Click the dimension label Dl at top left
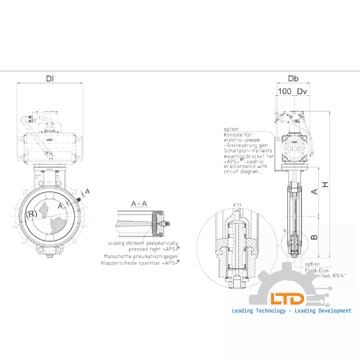click(x=50, y=79)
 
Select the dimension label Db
click(x=293, y=79)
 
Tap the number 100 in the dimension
click(x=285, y=91)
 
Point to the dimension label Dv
click(x=302, y=91)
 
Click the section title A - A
click(x=139, y=202)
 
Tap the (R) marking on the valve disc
click(x=31, y=215)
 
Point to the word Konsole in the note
click(x=234, y=135)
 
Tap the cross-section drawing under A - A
click(x=140, y=220)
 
